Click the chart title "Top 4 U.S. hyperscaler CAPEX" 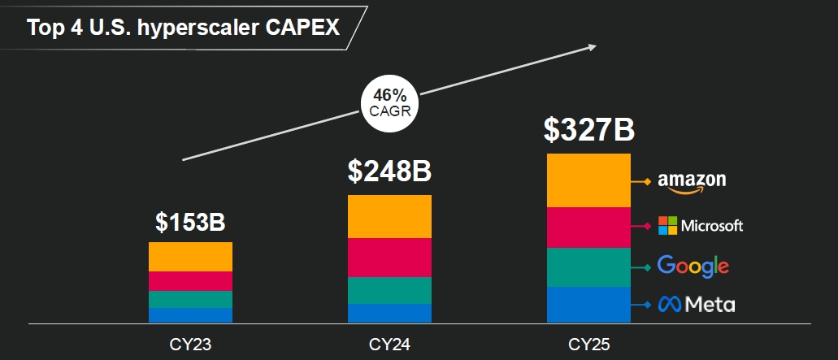[x=184, y=28]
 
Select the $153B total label [x=190, y=223]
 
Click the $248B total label [x=389, y=171]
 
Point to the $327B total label [x=588, y=130]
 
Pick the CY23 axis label [x=191, y=345]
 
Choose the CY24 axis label [x=389, y=345]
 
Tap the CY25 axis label [x=588, y=345]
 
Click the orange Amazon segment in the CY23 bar [x=191, y=257]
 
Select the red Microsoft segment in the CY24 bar [x=389, y=258]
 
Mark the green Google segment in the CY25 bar [x=588, y=267]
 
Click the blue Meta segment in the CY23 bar [x=191, y=315]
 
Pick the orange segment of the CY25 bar [x=588, y=180]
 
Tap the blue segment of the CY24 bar [x=389, y=313]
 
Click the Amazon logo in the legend [x=691, y=181]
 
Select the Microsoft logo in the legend [x=700, y=225]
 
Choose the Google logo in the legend [x=693, y=266]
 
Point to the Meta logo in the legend [x=697, y=305]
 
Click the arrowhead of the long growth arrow [x=592, y=46]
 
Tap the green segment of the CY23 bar [x=191, y=299]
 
